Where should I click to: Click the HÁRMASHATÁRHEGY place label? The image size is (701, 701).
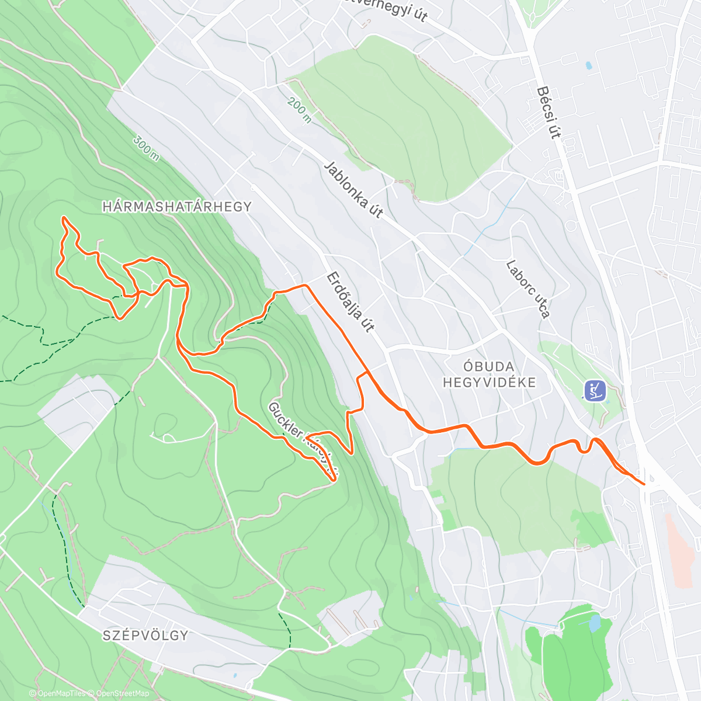click(x=176, y=207)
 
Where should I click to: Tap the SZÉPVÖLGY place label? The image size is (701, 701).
click(x=145, y=636)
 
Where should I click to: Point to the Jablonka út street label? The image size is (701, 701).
click(x=353, y=189)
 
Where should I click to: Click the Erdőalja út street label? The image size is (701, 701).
click(x=349, y=301)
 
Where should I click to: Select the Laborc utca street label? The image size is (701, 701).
click(x=528, y=289)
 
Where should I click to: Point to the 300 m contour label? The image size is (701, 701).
click(x=145, y=148)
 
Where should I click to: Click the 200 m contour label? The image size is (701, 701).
click(x=299, y=110)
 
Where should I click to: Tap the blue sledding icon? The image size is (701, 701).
click(x=595, y=390)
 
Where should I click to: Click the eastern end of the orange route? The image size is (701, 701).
click(x=644, y=484)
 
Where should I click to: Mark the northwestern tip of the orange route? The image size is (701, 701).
click(x=64, y=218)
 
